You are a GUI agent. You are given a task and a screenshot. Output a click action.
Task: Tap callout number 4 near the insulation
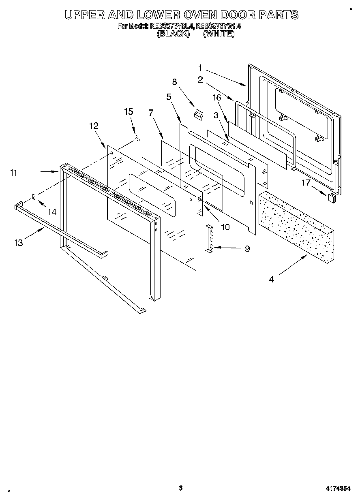click(x=271, y=279)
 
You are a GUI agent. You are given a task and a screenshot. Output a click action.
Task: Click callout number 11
click(x=13, y=172)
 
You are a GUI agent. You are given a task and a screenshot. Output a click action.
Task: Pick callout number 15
click(x=129, y=112)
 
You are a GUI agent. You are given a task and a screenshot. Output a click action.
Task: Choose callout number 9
click(x=247, y=249)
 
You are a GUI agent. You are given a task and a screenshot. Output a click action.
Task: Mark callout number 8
click(x=174, y=82)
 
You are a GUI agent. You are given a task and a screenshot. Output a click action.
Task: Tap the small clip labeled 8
click(x=199, y=115)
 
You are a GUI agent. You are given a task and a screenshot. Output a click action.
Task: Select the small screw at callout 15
click(x=137, y=139)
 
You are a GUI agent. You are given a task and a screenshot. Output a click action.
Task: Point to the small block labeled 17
click(x=331, y=197)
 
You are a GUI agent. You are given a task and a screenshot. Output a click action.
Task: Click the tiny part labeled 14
click(x=34, y=197)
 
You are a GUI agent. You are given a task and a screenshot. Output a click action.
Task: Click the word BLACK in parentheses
click(x=173, y=34)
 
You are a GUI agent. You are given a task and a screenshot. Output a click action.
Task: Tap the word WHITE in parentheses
click(x=219, y=34)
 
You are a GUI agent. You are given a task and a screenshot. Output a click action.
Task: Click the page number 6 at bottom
click(x=181, y=488)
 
